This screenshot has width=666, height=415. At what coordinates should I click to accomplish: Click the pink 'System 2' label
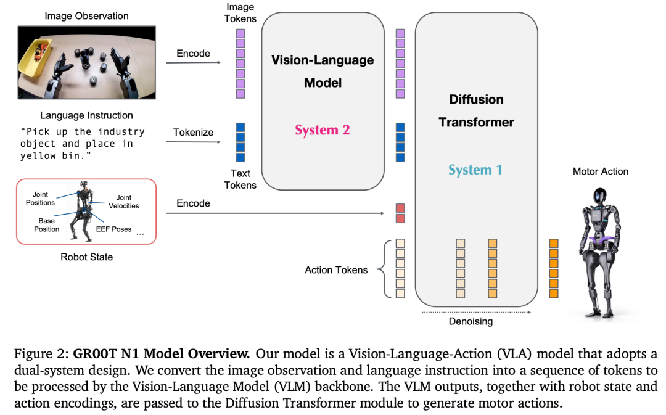click(x=322, y=129)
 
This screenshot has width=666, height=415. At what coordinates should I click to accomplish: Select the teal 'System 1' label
click(x=475, y=170)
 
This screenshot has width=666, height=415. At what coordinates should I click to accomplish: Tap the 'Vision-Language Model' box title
click(x=323, y=71)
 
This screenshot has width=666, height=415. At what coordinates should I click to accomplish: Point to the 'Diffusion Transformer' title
click(x=476, y=111)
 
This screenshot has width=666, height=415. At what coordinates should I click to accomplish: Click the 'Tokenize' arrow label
click(x=193, y=132)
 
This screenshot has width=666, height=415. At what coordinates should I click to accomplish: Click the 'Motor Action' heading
click(x=600, y=171)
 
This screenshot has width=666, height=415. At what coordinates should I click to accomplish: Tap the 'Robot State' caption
click(x=86, y=257)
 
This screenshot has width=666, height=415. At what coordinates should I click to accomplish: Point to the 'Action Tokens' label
click(x=336, y=270)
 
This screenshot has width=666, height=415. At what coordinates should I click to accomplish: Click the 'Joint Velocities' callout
click(x=124, y=202)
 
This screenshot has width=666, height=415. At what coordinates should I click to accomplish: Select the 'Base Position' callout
click(x=47, y=225)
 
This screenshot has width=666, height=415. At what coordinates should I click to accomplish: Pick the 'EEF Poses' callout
click(x=113, y=229)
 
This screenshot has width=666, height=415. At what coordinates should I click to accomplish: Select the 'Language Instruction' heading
click(x=86, y=115)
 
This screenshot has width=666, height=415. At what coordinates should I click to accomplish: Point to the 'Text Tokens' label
click(x=240, y=179)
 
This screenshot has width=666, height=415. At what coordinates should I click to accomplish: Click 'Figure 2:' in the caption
click(x=38, y=355)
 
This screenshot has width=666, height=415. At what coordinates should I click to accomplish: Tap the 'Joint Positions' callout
click(x=40, y=199)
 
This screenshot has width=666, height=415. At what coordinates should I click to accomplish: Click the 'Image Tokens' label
click(x=240, y=13)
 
